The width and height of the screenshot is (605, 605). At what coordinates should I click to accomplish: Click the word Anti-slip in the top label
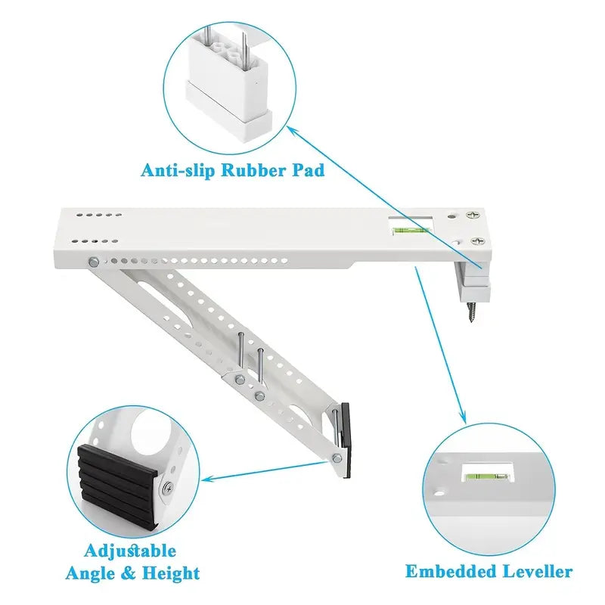[178, 169]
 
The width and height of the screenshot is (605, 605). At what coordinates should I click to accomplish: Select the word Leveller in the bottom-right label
[535, 571]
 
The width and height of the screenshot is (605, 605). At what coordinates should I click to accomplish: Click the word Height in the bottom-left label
[174, 573]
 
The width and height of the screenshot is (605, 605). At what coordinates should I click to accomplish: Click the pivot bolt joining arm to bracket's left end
[93, 262]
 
